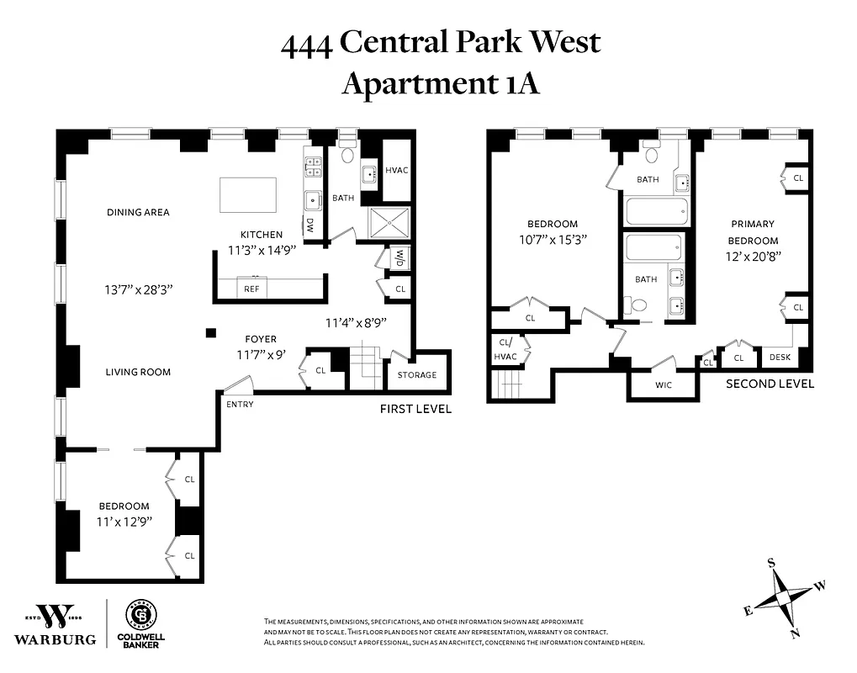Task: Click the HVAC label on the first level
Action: (x=396, y=171)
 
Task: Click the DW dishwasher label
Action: (x=309, y=225)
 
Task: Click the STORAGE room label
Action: (x=417, y=375)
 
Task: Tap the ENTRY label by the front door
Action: (x=240, y=405)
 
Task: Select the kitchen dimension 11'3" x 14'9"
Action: (x=262, y=250)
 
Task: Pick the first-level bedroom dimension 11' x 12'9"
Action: (x=124, y=522)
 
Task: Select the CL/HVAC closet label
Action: (x=507, y=349)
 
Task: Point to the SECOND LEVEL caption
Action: (x=770, y=384)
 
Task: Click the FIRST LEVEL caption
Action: (x=415, y=409)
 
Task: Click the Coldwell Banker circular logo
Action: (x=140, y=614)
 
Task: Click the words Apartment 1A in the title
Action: (x=440, y=84)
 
